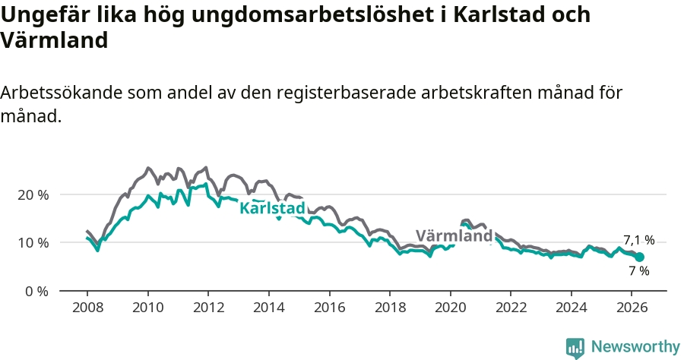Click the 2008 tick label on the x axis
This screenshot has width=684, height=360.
(87, 308)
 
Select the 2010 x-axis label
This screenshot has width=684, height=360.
(148, 308)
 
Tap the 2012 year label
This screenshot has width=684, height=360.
(208, 308)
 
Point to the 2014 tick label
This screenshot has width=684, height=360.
(269, 308)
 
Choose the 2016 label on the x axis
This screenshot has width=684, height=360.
(329, 308)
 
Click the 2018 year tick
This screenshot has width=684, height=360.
(390, 308)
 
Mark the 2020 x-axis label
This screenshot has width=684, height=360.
(450, 308)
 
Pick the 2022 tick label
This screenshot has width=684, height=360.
(511, 308)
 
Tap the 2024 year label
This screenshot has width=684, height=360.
(571, 308)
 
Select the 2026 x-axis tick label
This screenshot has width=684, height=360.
(632, 308)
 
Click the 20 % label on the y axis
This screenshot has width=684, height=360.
(33, 195)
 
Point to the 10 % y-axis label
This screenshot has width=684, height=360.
(33, 243)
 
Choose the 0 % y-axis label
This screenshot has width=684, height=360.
(36, 291)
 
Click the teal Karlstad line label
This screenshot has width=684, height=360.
(273, 208)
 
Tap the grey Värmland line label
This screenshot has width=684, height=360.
(454, 235)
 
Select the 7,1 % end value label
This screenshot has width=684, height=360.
(639, 240)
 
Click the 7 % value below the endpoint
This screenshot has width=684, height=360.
(639, 270)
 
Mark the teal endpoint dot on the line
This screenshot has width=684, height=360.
(639, 257)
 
